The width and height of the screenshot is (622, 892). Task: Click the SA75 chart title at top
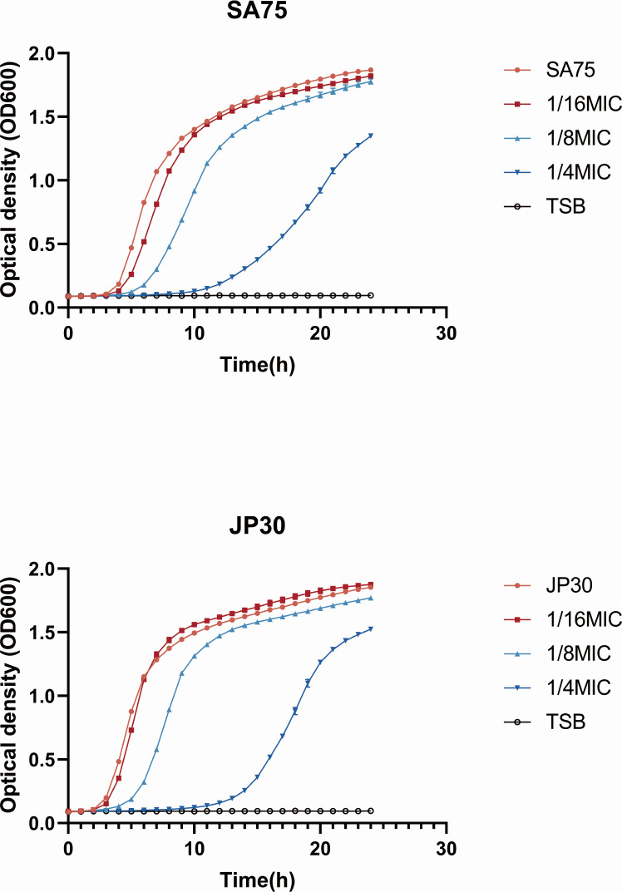point(257,11)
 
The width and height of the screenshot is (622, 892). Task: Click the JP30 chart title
point(257,526)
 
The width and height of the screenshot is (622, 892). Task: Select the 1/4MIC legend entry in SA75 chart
point(578,172)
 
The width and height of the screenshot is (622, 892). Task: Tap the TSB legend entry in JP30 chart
point(565,722)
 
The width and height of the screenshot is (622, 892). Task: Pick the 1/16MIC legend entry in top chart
point(584,104)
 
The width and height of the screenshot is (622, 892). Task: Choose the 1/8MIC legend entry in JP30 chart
point(578,653)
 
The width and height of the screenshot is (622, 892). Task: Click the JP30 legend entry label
point(569,585)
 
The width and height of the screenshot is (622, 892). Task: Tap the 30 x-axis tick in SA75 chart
point(447,333)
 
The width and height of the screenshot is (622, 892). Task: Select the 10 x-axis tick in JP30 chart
point(194,849)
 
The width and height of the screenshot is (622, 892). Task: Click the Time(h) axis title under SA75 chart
point(257,365)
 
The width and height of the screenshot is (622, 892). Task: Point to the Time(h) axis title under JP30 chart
point(257,880)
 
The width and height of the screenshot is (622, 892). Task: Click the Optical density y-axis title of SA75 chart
point(10,180)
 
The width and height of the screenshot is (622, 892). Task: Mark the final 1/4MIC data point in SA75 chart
point(371,136)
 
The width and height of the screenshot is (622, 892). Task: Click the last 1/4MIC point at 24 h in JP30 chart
point(371,629)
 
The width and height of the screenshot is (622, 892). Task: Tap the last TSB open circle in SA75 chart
point(371,296)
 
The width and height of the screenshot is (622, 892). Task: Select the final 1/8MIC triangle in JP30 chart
point(371,598)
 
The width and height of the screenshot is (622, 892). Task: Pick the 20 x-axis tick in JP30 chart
point(320,849)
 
